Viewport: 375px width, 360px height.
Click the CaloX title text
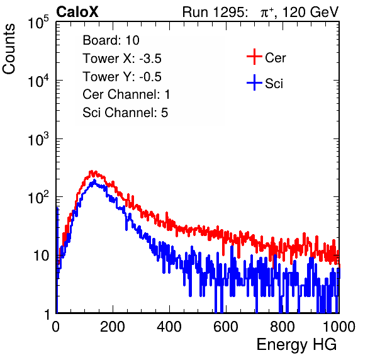click(x=77, y=12)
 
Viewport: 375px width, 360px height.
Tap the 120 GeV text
click(x=311, y=12)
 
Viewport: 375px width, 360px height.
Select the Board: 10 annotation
click(x=111, y=40)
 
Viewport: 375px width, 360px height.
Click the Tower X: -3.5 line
click(x=122, y=59)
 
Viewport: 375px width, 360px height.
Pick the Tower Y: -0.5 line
click(x=122, y=77)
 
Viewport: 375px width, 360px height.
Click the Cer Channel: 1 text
click(x=126, y=94)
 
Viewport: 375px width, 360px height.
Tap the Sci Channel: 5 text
click(x=125, y=113)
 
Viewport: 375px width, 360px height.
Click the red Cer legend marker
click(x=254, y=57)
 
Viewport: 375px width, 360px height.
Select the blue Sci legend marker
click(x=254, y=82)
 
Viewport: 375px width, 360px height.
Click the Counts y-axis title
click(x=9, y=49)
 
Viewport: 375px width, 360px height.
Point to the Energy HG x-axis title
click(x=296, y=345)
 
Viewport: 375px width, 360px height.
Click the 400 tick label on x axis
click(x=169, y=327)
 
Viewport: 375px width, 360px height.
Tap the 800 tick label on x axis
click(x=283, y=327)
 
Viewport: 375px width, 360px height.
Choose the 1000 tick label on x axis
click(x=339, y=327)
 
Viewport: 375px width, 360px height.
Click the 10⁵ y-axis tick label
click(x=38, y=23)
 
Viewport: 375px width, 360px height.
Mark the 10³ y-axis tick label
click(x=38, y=139)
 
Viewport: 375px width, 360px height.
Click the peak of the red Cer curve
click(x=91, y=172)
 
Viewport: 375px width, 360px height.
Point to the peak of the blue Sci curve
click(x=94, y=181)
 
